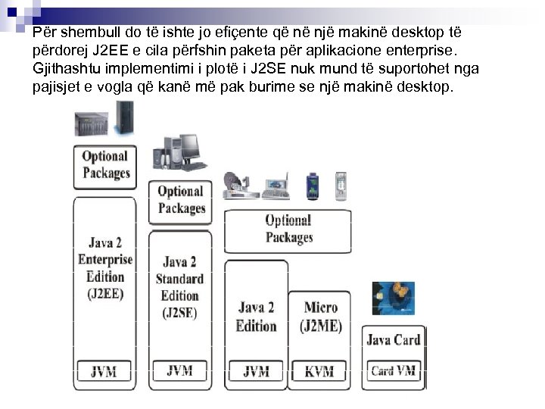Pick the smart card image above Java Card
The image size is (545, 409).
(393, 298)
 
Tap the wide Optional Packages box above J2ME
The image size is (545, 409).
(288, 229)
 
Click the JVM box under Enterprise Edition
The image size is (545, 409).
(105, 372)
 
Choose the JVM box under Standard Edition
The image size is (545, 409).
(180, 371)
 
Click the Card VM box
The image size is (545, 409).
(393, 371)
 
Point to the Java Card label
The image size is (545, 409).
(393, 340)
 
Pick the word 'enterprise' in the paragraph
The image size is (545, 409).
(419, 51)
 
